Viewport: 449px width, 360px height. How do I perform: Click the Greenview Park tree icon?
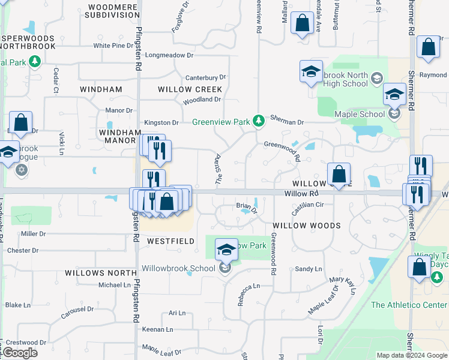click(259, 122)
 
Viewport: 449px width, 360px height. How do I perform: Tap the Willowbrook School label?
click(178, 268)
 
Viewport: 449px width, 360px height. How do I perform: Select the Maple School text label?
click(360, 114)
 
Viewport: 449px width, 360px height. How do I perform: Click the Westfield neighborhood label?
click(171, 241)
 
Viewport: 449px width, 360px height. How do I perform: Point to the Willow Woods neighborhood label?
click(306, 226)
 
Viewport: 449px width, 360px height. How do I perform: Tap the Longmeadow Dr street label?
click(169, 55)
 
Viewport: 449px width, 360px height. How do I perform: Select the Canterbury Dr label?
click(205, 77)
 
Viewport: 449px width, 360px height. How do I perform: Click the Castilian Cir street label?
click(307, 205)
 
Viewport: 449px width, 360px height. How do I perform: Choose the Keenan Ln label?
click(157, 329)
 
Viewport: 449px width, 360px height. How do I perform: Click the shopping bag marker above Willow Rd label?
click(339, 175)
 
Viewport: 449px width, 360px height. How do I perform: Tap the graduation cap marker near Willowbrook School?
click(226, 250)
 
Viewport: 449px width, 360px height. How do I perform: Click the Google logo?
click(20, 353)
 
